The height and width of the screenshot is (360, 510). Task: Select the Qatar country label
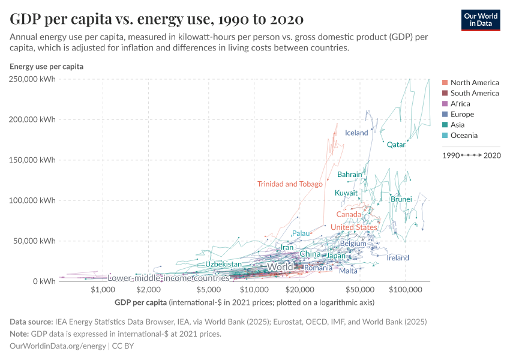click(x=396, y=145)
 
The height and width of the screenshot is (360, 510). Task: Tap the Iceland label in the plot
click(x=356, y=133)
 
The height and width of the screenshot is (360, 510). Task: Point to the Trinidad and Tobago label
click(x=290, y=184)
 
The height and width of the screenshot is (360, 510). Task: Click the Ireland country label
click(x=398, y=258)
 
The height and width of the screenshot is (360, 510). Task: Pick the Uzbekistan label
click(x=223, y=264)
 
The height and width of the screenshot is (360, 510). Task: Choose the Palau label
click(x=301, y=233)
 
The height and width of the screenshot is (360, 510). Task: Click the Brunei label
click(x=401, y=199)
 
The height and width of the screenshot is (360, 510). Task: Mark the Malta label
click(x=348, y=271)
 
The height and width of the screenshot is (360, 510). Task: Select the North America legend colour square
click(x=445, y=83)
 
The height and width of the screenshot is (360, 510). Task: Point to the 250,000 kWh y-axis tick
click(x=32, y=79)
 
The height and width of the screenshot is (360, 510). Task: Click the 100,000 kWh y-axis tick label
click(x=32, y=200)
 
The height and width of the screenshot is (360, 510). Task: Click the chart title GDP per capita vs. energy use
click(x=157, y=19)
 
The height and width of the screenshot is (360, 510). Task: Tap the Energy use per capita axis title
click(x=46, y=67)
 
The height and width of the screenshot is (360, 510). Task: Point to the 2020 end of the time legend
click(x=492, y=155)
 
